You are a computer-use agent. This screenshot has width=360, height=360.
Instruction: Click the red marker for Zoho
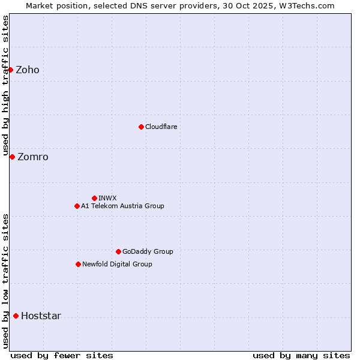10,70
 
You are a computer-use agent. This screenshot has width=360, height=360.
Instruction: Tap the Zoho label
28,70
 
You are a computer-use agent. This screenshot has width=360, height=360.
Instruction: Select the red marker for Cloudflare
141,127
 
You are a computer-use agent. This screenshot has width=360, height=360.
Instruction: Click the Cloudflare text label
161,127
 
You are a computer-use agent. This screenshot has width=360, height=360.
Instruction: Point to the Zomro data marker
12,157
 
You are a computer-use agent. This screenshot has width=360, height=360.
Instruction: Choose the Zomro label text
33,157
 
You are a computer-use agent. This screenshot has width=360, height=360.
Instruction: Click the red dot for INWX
94,198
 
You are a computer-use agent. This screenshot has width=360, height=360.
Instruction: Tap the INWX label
107,199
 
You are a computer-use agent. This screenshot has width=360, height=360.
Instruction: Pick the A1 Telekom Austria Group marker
77,206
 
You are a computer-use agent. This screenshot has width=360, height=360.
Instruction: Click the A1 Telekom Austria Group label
122,206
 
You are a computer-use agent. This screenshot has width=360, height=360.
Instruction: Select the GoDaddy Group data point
118,251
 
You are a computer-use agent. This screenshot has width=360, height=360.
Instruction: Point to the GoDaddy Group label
148,252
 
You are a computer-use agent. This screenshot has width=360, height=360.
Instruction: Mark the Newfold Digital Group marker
78,264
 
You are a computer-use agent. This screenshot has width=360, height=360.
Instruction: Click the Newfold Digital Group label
117,265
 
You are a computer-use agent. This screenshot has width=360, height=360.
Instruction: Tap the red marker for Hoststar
16,316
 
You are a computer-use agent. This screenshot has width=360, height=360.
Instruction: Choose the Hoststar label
41,316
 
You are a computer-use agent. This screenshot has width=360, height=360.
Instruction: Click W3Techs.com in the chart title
310,5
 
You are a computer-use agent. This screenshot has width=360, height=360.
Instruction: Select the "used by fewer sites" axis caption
62,356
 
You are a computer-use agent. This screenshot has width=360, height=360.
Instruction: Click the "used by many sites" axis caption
301,356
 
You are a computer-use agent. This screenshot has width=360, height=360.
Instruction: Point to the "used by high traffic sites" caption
5,84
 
